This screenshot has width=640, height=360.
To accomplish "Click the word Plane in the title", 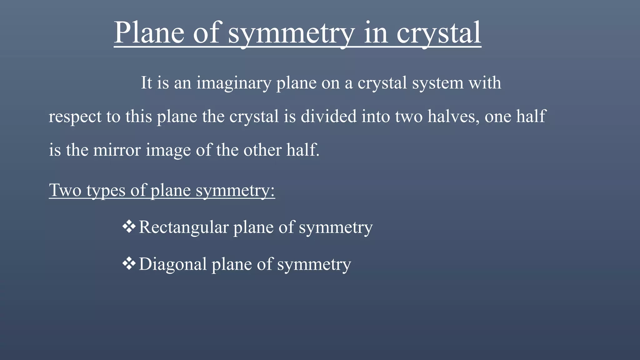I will coord(149,32).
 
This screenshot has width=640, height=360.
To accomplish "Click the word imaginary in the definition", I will coord(234,83).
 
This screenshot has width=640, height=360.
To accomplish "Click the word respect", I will coord(75,117).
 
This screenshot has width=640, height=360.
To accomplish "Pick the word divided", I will coord(328,116).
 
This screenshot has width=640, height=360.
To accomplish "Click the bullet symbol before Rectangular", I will coord(129,227).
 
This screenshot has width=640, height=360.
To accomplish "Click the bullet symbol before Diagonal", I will coord(129,264).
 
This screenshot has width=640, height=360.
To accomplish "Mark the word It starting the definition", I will coord(146,83).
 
